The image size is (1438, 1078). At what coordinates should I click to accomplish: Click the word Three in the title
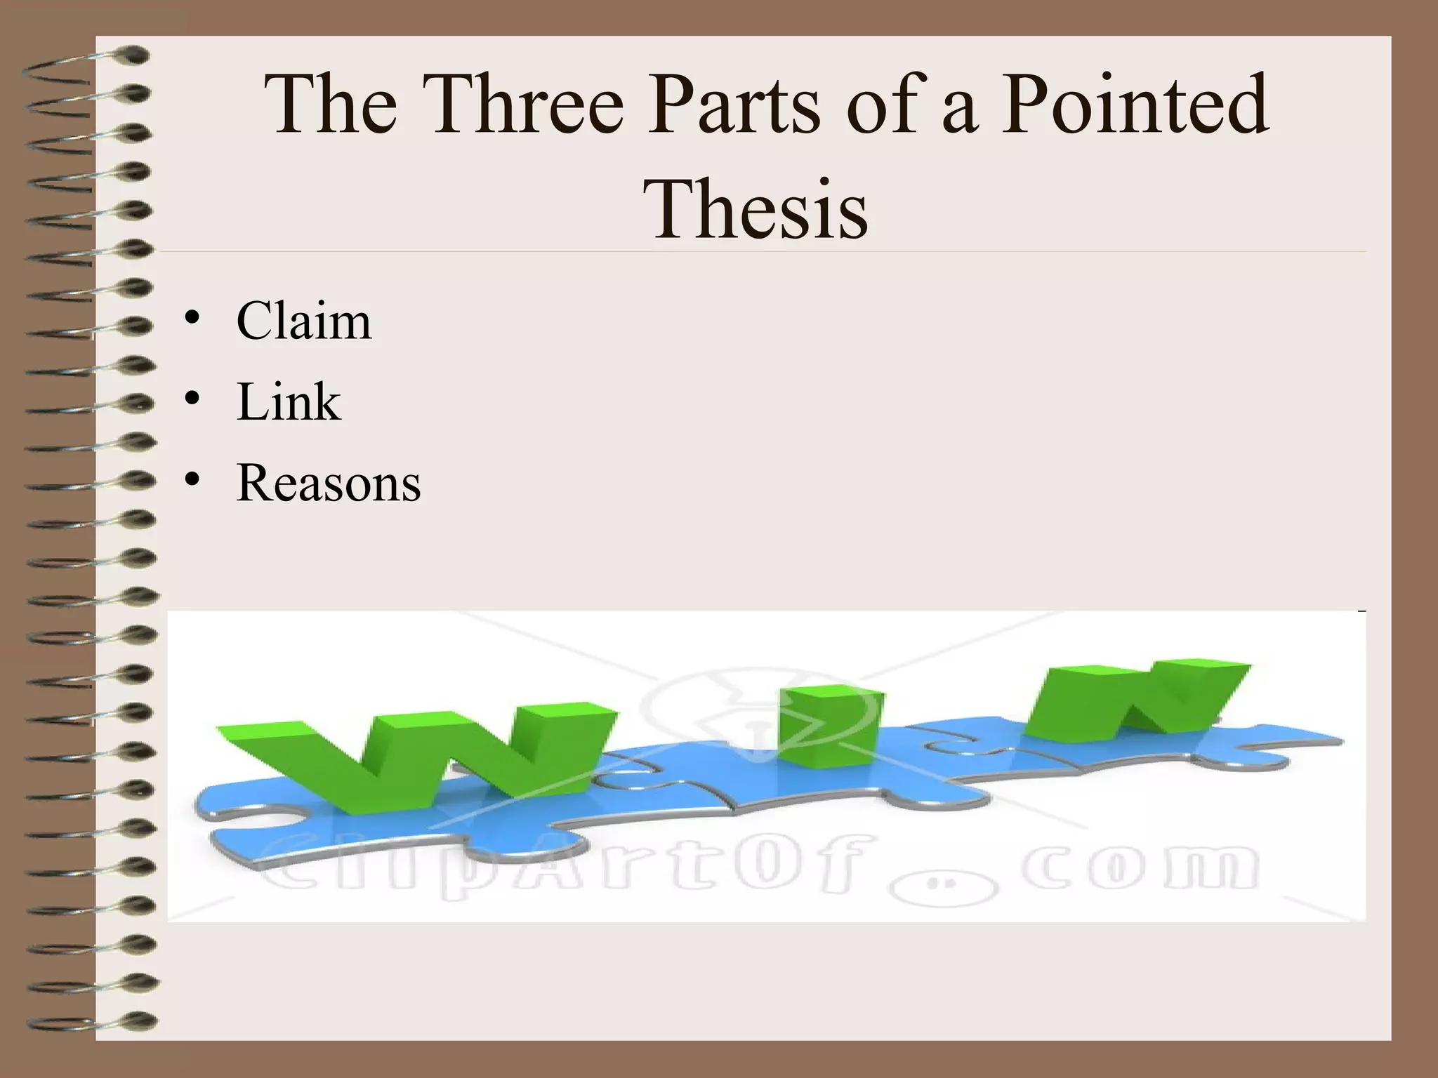[527, 105]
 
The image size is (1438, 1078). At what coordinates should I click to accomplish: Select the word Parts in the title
[734, 105]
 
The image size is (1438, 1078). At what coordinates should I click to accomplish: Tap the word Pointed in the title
[1134, 105]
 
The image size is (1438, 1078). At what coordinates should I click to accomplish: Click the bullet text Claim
[303, 321]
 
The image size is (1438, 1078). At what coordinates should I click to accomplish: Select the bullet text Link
[289, 402]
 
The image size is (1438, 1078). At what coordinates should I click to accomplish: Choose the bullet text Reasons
[329, 483]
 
